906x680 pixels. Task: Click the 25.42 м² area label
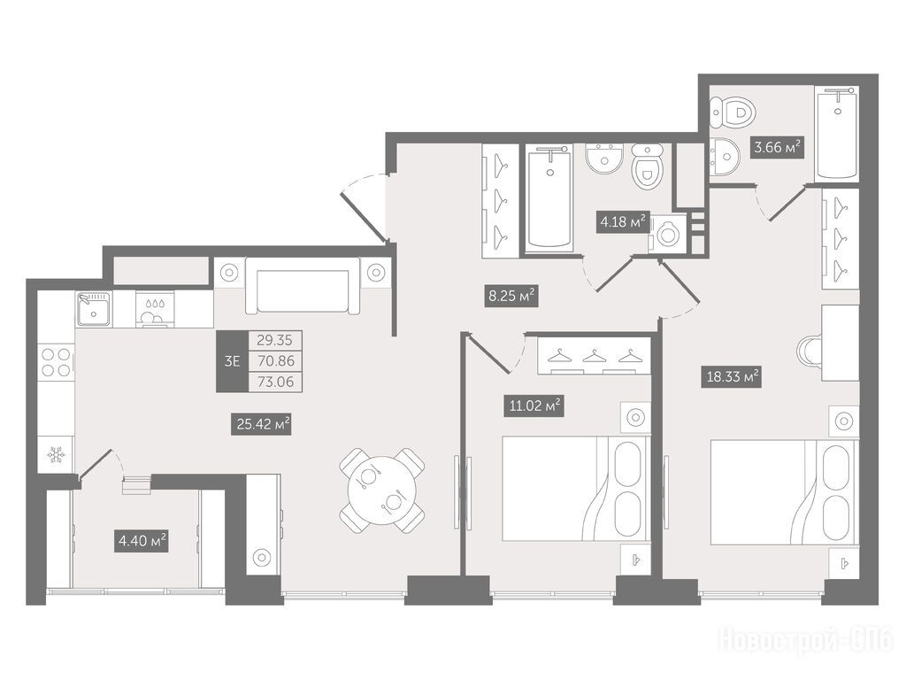coord(261,424)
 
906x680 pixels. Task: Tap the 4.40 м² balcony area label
coord(142,542)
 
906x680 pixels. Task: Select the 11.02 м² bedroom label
coord(534,406)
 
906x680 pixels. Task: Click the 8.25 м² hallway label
coord(511,296)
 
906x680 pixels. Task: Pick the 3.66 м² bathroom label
coord(777,148)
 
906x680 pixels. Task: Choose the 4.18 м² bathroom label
coord(624,221)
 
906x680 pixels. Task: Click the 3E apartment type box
coord(233,361)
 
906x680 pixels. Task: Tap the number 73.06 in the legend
coord(276,382)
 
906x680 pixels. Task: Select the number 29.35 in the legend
coord(275,340)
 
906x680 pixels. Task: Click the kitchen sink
coord(93,309)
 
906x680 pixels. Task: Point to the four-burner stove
coord(56,362)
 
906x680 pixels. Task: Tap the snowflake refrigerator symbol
coord(56,454)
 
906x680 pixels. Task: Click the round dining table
coord(382,491)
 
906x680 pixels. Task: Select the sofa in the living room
coord(303,285)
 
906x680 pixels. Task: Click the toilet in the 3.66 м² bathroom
coord(732,112)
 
